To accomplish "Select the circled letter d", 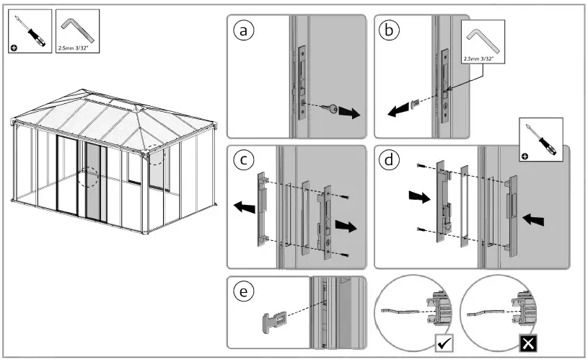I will pyautogui.click(x=390, y=160).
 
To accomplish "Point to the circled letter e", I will pyautogui.click(x=245, y=291).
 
